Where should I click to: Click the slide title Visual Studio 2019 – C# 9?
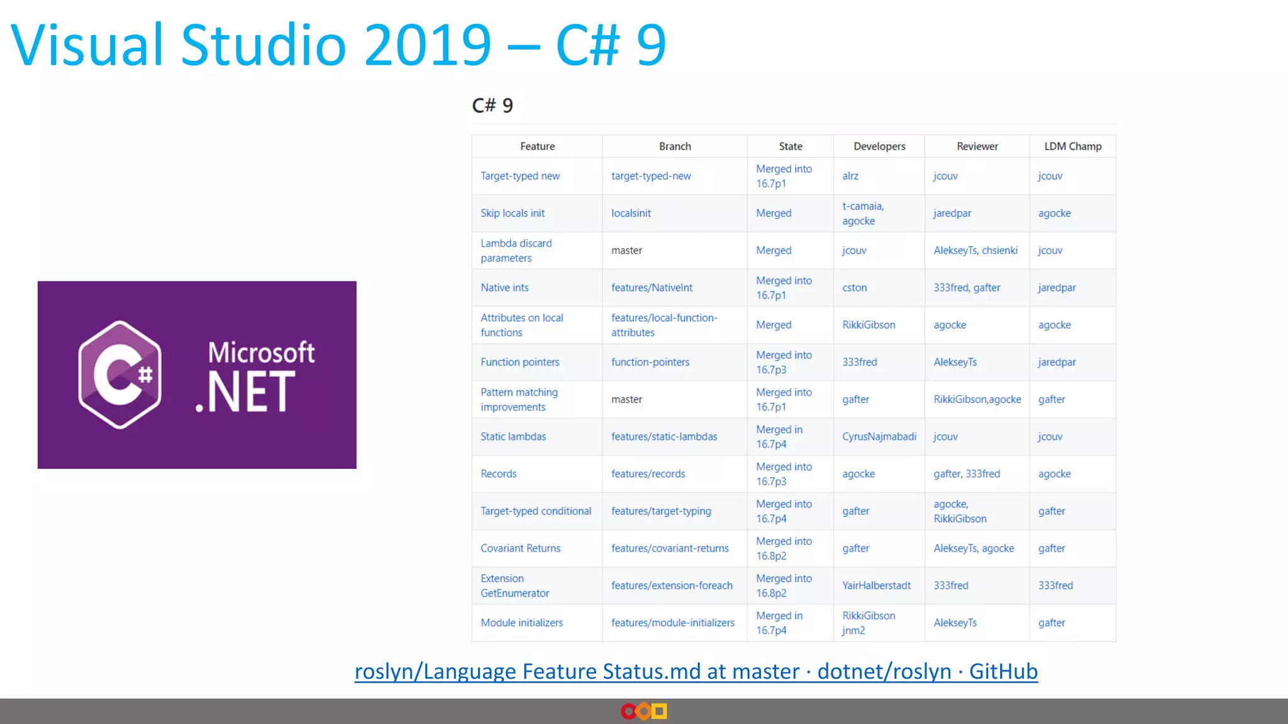pos(338,45)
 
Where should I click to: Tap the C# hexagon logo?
pos(119,375)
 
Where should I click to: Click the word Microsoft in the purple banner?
pos(261,353)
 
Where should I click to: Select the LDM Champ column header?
pos(1072,146)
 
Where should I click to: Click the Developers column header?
pos(879,146)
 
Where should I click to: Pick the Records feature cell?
pos(499,474)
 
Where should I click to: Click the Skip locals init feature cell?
pos(513,213)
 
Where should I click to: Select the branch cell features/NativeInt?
pos(652,288)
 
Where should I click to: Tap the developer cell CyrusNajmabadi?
pos(879,437)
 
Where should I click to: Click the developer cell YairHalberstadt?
pos(876,586)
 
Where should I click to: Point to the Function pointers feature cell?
pos(519,362)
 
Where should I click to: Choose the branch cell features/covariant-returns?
pos(670,549)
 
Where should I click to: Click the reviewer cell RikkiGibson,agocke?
pos(977,400)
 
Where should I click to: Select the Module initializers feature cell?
pos(521,623)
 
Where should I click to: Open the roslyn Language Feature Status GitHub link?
pos(696,672)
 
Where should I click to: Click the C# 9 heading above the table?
pos(492,106)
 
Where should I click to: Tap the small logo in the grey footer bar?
pos(643,711)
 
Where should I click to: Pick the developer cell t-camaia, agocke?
pos(862,214)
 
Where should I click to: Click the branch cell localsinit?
pos(631,213)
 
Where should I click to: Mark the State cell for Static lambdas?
pos(779,437)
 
